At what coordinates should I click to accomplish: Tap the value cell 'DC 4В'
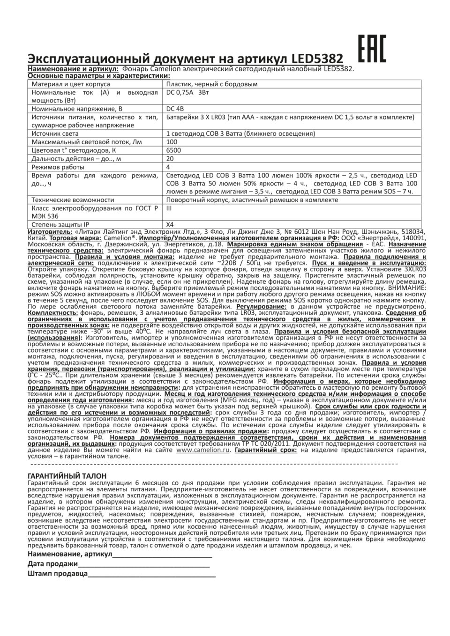175,109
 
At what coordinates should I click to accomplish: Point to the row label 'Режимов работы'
58,167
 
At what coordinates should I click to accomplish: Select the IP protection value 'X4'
170,224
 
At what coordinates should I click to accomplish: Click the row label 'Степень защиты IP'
60,224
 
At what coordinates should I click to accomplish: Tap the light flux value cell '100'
172,142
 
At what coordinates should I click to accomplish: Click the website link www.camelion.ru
203,450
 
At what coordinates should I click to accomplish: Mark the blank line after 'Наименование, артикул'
162,555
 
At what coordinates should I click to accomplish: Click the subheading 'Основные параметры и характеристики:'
99,75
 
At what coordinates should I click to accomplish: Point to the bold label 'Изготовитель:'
50,232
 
